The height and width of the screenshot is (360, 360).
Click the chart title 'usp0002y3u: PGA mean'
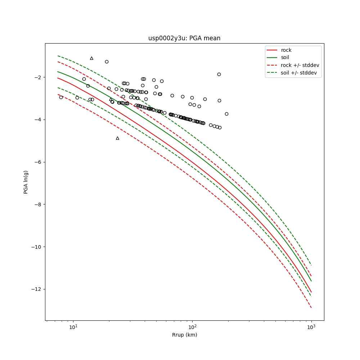tap(184, 38)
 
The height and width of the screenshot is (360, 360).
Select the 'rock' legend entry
tap(286, 50)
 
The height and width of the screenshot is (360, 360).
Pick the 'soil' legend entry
tap(285, 57)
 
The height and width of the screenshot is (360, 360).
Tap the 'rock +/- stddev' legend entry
tap(300, 65)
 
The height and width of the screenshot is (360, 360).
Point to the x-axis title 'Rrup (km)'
tap(184, 335)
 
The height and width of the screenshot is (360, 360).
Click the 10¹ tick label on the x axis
tap(73, 327)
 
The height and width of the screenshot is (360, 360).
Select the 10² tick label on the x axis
tap(192, 327)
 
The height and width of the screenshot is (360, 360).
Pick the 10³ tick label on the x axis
tap(311, 327)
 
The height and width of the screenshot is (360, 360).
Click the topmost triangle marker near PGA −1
tap(91, 58)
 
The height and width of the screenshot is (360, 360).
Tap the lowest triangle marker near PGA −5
tap(117, 138)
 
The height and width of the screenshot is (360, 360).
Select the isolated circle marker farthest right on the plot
tap(226, 114)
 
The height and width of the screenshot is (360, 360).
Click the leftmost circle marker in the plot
tap(61, 97)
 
